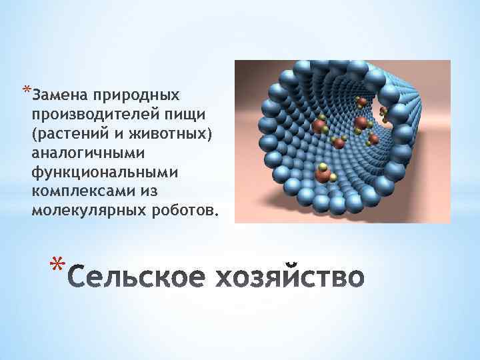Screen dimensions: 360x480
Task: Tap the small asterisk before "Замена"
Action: tap(26, 88)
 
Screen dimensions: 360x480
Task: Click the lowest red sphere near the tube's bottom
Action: tap(322, 175)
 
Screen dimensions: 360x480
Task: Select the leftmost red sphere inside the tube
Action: tap(319, 127)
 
